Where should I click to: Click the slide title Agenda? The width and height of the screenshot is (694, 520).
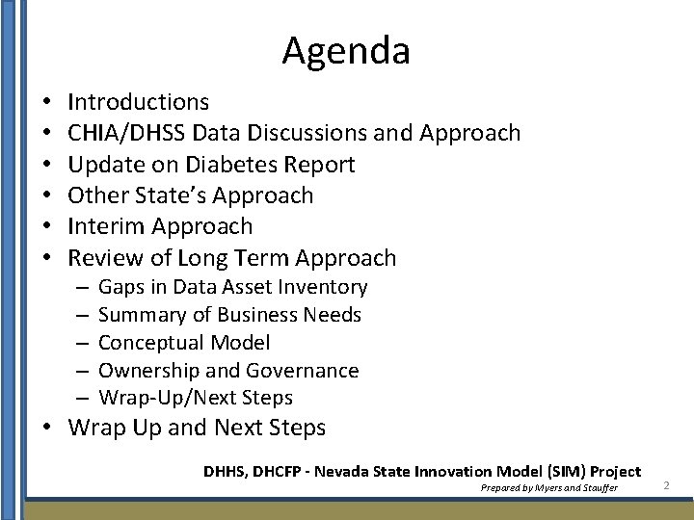346,51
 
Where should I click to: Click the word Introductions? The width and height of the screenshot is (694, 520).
139,102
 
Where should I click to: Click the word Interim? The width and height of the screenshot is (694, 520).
103,227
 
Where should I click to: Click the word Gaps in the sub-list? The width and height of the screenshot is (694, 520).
120,287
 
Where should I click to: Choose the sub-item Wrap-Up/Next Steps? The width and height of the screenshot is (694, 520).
196,398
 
